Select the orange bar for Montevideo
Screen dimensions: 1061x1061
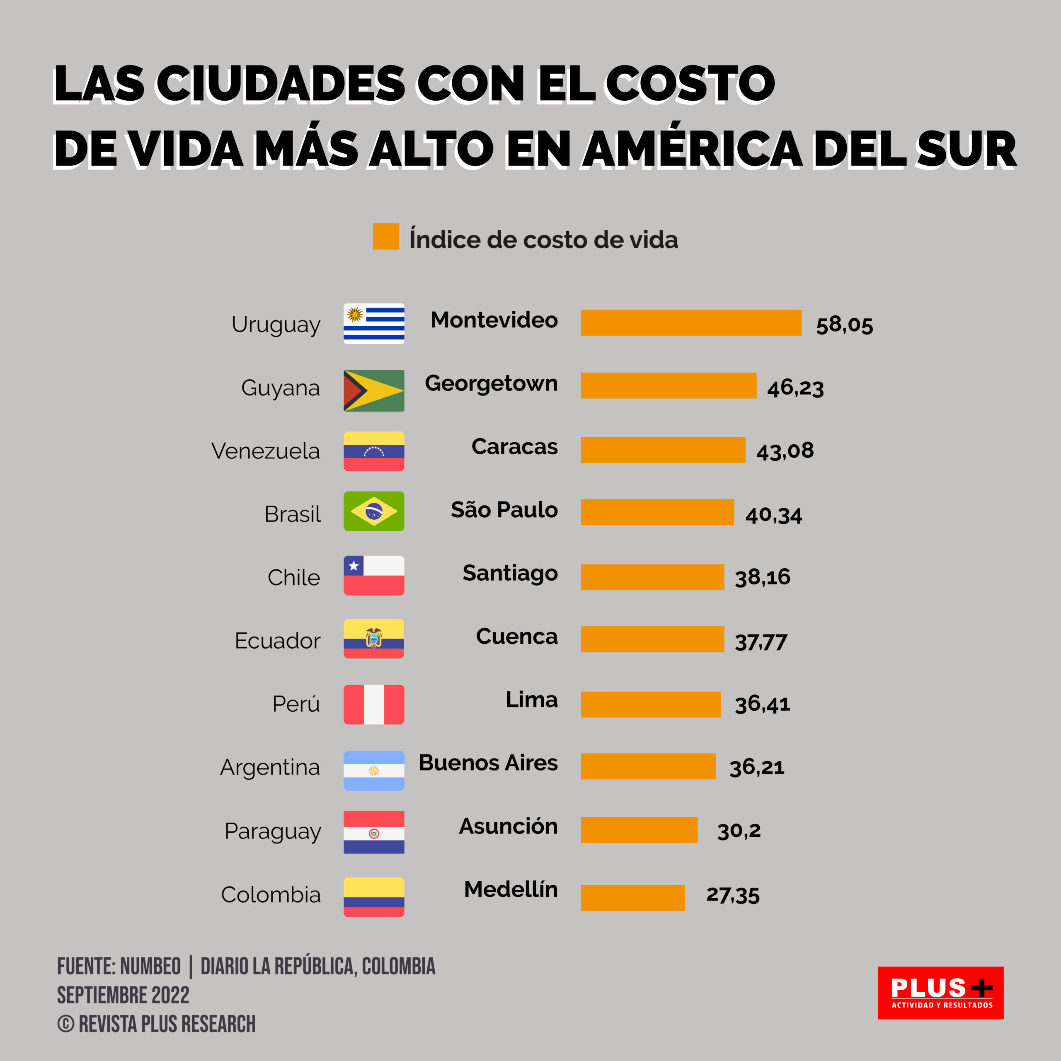click(691, 323)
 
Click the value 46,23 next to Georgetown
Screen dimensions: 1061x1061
click(795, 388)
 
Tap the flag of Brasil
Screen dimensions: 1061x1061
click(374, 511)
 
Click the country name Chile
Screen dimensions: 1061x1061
click(293, 578)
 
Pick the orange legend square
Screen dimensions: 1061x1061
click(385, 236)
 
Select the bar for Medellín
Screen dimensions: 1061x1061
click(632, 898)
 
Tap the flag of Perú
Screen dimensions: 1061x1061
click(374, 705)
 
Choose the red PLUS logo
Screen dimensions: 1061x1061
click(940, 993)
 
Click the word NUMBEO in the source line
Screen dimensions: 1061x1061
click(150, 967)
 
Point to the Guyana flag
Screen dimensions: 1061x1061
click(374, 390)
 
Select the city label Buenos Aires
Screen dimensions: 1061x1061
click(488, 763)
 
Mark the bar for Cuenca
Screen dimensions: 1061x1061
click(652, 639)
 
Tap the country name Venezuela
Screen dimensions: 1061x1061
click(265, 451)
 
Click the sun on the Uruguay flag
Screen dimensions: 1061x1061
click(354, 314)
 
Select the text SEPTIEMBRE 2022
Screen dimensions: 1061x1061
click(123, 995)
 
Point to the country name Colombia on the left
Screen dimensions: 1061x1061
click(270, 895)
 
